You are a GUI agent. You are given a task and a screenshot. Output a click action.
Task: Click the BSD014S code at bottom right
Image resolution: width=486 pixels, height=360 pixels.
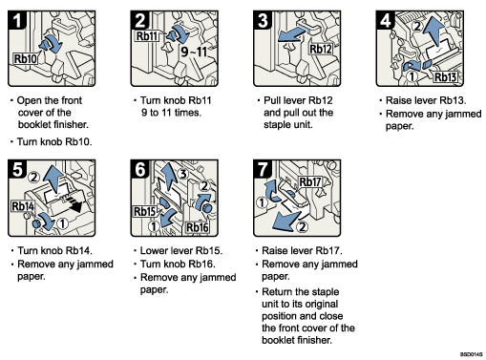click(468, 352)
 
